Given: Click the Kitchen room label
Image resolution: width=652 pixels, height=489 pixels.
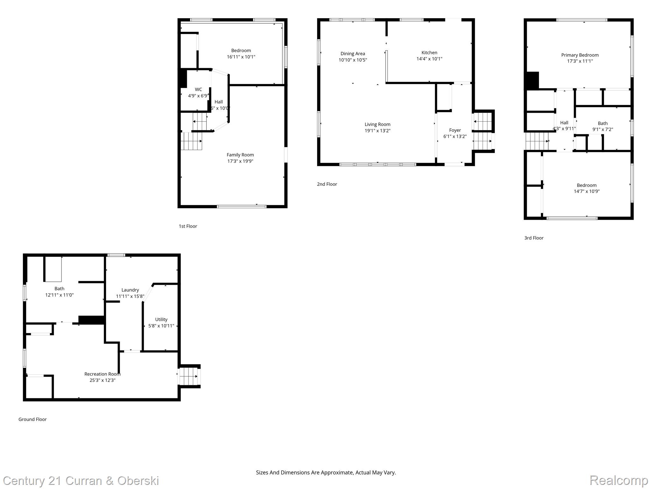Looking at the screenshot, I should point(429,53).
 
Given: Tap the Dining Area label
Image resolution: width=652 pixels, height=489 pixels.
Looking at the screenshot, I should point(352,53).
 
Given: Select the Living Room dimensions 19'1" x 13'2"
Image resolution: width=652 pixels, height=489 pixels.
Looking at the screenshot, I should point(377,131).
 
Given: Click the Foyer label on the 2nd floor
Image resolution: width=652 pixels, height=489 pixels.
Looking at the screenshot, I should point(455,130).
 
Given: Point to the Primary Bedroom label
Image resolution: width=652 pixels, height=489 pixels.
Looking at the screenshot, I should point(579,55).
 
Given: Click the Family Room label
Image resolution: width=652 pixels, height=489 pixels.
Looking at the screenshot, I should point(240,155).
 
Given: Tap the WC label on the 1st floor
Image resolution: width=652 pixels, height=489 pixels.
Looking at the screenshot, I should point(198,89).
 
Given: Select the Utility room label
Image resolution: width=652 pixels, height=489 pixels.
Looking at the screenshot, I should point(161,319).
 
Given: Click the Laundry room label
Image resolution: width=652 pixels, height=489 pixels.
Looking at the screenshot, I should point(130,290).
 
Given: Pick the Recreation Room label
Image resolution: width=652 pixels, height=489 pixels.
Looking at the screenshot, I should point(102,374).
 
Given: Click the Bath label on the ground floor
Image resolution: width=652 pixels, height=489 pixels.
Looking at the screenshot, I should point(59,288).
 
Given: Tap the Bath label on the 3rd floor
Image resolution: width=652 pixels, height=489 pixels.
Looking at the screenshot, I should point(602,123).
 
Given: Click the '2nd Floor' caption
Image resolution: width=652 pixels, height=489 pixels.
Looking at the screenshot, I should point(327,184).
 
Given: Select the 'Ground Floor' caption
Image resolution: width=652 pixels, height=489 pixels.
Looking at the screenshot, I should point(32,419).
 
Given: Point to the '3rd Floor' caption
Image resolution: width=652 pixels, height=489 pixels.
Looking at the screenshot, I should point(534,238).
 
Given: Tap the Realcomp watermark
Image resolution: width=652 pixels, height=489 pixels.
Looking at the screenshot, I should point(618,480).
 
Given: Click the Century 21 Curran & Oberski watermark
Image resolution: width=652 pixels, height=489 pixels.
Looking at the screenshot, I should point(81,480).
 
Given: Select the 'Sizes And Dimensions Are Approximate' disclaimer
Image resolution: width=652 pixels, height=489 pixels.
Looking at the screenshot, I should point(326,472).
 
